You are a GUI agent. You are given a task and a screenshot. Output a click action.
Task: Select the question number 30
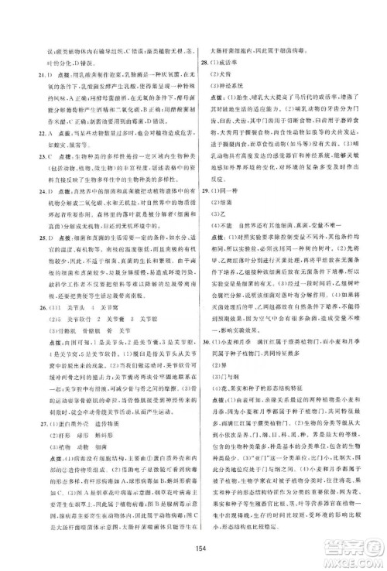click(x=203, y=362)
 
